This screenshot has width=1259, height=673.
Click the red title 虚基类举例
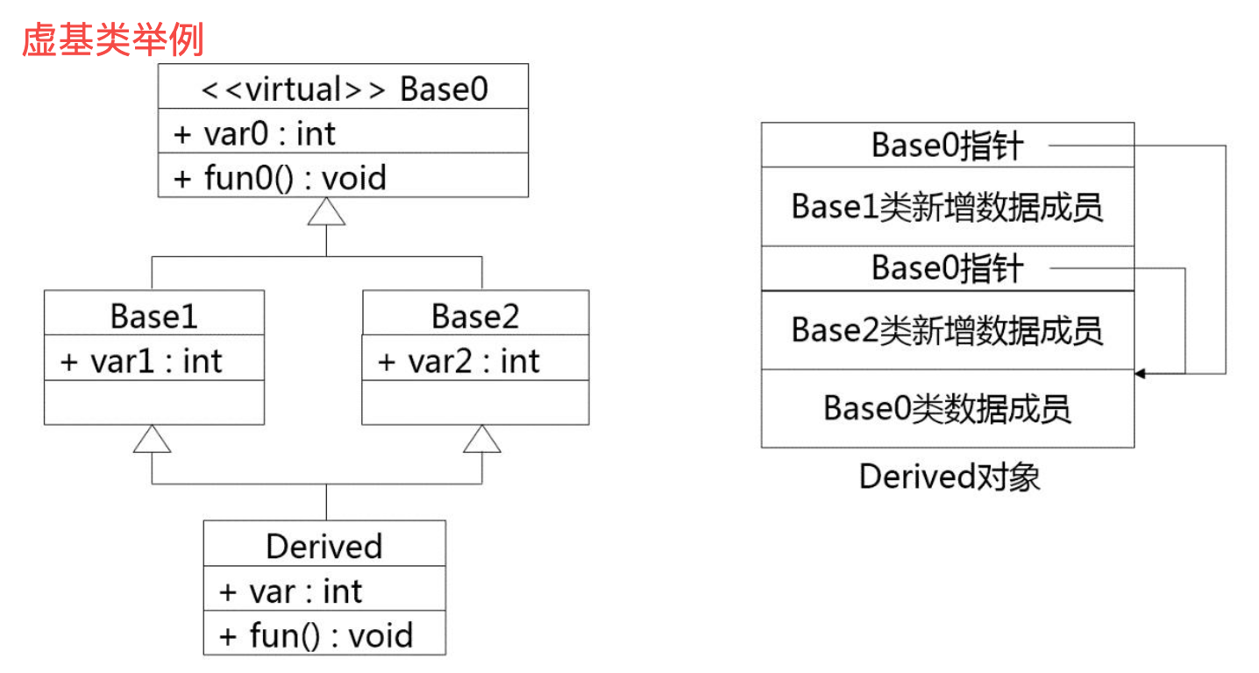click(x=112, y=40)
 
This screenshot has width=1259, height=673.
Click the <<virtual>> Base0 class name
click(x=344, y=89)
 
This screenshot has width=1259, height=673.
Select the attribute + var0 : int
click(x=255, y=133)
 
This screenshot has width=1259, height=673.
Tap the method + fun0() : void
click(x=281, y=178)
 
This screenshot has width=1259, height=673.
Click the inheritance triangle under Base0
click(x=326, y=211)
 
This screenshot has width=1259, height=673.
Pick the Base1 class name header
click(x=153, y=315)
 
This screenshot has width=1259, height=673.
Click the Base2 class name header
click(x=474, y=315)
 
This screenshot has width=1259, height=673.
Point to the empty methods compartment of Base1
click(x=153, y=402)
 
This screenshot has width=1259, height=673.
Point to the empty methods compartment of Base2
click(x=474, y=402)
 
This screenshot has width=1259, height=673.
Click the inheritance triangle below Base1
click(x=152, y=439)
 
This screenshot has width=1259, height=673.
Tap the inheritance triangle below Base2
click(x=481, y=439)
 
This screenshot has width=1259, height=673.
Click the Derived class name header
click(x=324, y=546)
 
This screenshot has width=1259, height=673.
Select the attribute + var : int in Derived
click(x=290, y=591)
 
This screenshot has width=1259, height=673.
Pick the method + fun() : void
click(x=316, y=634)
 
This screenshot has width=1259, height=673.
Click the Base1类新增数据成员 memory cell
click(x=947, y=207)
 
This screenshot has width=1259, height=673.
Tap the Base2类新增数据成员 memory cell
click(x=947, y=330)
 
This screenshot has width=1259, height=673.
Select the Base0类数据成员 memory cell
click(x=947, y=409)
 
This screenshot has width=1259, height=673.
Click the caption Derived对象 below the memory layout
click(x=949, y=477)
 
